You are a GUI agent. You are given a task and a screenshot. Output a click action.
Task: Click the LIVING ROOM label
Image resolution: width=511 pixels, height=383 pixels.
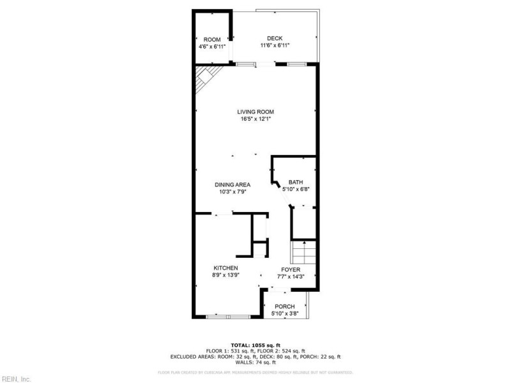pos(256,112)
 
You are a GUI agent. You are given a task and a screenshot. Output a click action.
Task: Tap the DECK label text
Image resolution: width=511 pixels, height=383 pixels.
pos(275,38)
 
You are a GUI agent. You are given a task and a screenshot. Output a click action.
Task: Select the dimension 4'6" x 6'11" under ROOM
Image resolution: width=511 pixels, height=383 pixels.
pos(212,46)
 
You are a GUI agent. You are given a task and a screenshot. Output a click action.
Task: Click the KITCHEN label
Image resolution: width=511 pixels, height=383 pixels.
pos(225,268)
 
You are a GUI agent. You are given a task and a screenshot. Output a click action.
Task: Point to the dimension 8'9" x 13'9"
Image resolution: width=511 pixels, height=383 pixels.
pos(225,275)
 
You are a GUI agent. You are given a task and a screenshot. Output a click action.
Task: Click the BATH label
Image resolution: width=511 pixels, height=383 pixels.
pos(295,182)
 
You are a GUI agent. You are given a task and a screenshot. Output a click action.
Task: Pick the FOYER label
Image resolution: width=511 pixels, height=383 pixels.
pos(291,269)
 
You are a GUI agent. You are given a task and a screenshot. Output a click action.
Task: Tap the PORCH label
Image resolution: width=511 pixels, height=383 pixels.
pos(284,306)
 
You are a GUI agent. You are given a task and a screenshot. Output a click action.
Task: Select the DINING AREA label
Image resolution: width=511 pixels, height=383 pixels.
pos(232,184)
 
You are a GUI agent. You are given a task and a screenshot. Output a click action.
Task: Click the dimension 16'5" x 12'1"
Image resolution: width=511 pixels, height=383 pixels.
pos(256,119)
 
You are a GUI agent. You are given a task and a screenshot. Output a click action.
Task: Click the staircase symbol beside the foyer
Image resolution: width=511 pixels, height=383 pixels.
pos(304,253)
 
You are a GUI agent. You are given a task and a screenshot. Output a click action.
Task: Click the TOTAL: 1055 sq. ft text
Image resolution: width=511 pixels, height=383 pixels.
pos(256,345)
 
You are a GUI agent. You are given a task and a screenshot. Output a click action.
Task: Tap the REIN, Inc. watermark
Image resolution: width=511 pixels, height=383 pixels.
pos(16,379)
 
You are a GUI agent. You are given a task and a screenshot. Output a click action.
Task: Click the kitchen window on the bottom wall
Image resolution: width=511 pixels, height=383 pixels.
pos(227,316)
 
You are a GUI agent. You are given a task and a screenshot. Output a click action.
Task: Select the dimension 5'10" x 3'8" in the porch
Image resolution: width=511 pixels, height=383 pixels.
pos(284,313)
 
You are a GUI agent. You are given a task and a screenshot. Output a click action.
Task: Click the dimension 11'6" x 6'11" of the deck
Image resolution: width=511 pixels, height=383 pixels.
pos(275,45)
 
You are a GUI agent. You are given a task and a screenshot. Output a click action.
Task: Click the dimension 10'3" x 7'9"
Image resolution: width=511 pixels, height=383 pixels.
pos(232,191)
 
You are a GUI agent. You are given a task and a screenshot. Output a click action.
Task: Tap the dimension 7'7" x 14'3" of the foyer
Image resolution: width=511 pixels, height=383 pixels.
pos(291,276)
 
